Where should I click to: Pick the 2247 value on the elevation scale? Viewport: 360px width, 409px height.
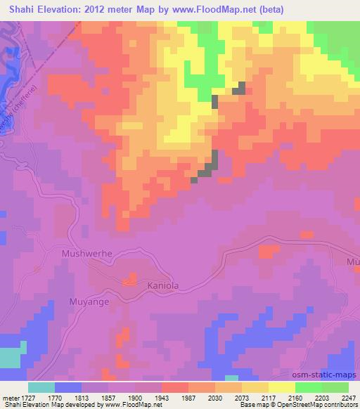346,397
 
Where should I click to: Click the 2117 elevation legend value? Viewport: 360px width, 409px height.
284,397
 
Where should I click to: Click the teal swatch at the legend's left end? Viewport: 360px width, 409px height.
41,387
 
